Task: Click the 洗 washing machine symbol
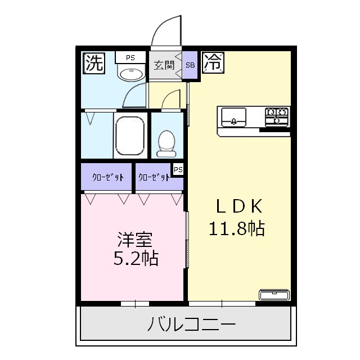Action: point(93,62)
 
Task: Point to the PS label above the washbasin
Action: point(130,57)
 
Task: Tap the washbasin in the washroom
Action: point(130,74)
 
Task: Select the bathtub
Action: point(130,136)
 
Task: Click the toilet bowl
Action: point(166,142)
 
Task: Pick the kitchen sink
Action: point(232,118)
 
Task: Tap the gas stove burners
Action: point(277,116)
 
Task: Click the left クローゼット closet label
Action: point(107,178)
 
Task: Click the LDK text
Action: point(238,207)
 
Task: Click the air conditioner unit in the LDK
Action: point(274,294)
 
